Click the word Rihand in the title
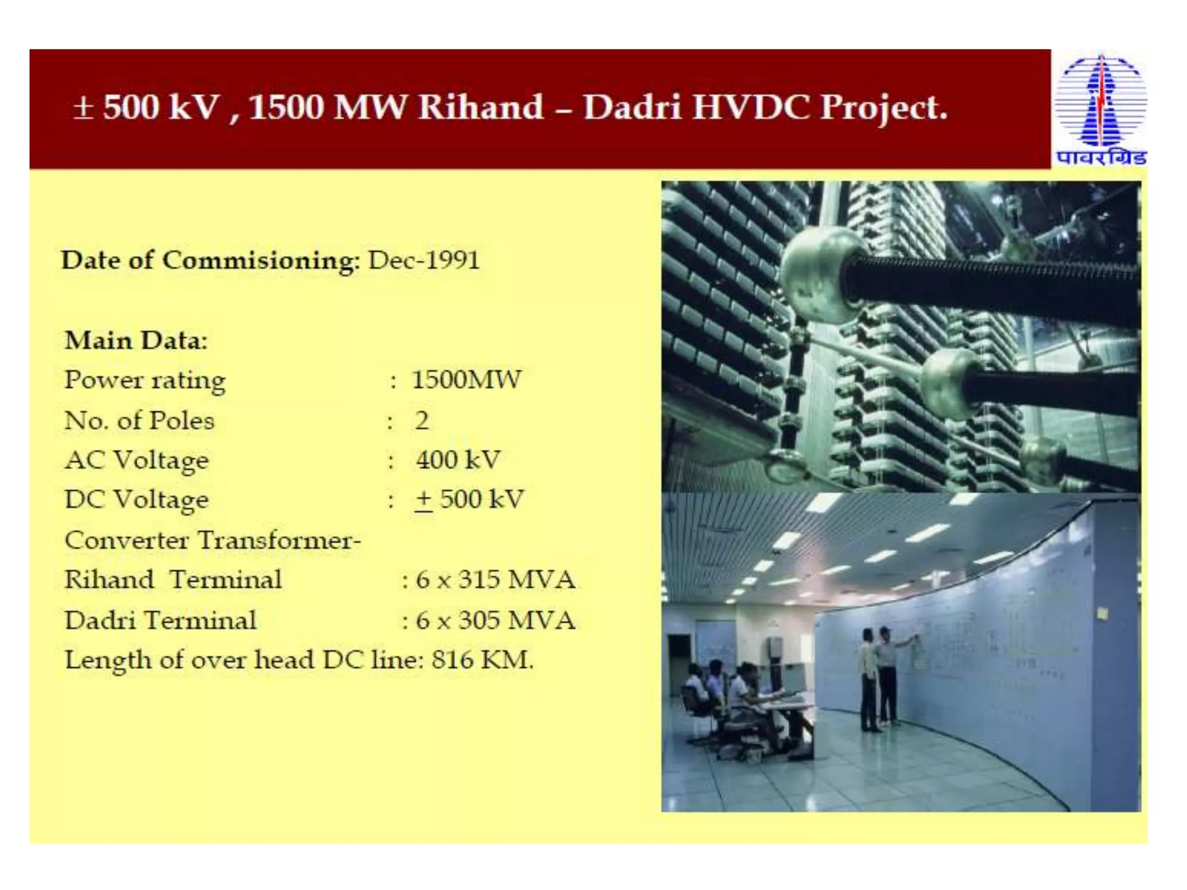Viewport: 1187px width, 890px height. [x=480, y=108]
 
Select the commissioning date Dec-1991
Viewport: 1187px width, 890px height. [x=424, y=260]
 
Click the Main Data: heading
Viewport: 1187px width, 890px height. [x=136, y=340]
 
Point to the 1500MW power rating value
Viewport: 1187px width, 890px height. [x=467, y=380]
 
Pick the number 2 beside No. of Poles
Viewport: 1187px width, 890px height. [x=422, y=420]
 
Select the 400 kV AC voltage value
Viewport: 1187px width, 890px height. [x=457, y=460]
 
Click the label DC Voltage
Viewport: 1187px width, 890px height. [x=136, y=499]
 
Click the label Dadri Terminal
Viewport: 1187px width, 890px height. [x=161, y=620]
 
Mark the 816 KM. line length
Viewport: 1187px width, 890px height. [x=482, y=660]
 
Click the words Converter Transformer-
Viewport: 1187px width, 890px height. [x=213, y=540]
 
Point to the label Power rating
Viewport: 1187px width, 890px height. [x=145, y=380]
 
